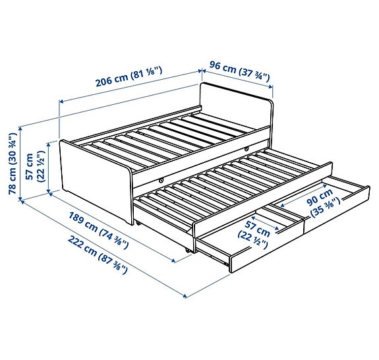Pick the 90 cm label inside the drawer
pyautogui.click(x=322, y=198)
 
